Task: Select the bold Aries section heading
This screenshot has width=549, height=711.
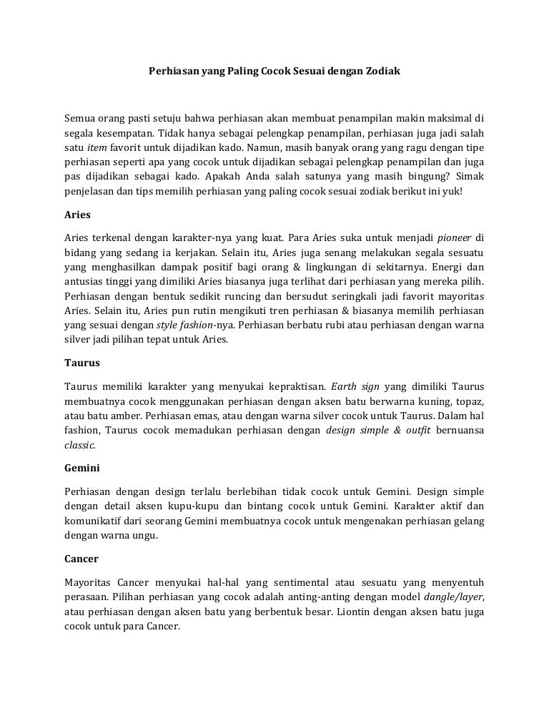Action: (77, 214)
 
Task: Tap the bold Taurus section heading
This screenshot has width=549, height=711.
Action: (82, 363)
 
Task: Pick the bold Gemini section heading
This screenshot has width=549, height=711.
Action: (82, 469)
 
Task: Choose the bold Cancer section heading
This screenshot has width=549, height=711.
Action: (81, 558)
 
